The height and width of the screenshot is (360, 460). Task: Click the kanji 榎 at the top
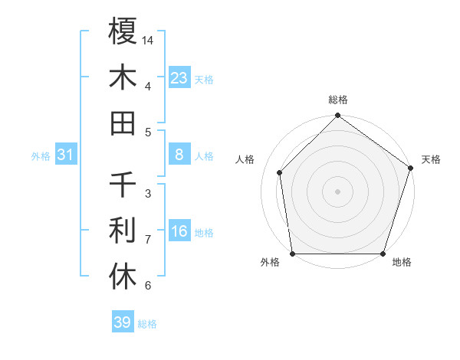[123, 31]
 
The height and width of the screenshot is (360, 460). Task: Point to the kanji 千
[123, 185]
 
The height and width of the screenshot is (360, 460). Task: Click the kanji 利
[123, 231]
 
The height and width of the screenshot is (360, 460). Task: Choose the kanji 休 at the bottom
[123, 277]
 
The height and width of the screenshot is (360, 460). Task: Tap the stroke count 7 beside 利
[148, 239]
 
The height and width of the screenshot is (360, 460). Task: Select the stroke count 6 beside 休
[148, 286]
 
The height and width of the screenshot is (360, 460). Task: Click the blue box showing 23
[179, 77]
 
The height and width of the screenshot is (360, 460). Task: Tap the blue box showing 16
[179, 232]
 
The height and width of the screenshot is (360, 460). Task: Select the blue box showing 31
[65, 155]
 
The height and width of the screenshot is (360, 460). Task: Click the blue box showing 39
[123, 322]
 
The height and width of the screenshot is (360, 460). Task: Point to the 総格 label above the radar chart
[338, 100]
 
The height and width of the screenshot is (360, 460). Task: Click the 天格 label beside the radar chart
[432, 159]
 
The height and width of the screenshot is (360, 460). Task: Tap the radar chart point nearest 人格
[280, 172]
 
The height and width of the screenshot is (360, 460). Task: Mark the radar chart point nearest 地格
[383, 254]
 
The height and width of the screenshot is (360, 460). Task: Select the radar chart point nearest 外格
[293, 254]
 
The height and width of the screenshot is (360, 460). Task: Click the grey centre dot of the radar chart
[338, 191]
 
